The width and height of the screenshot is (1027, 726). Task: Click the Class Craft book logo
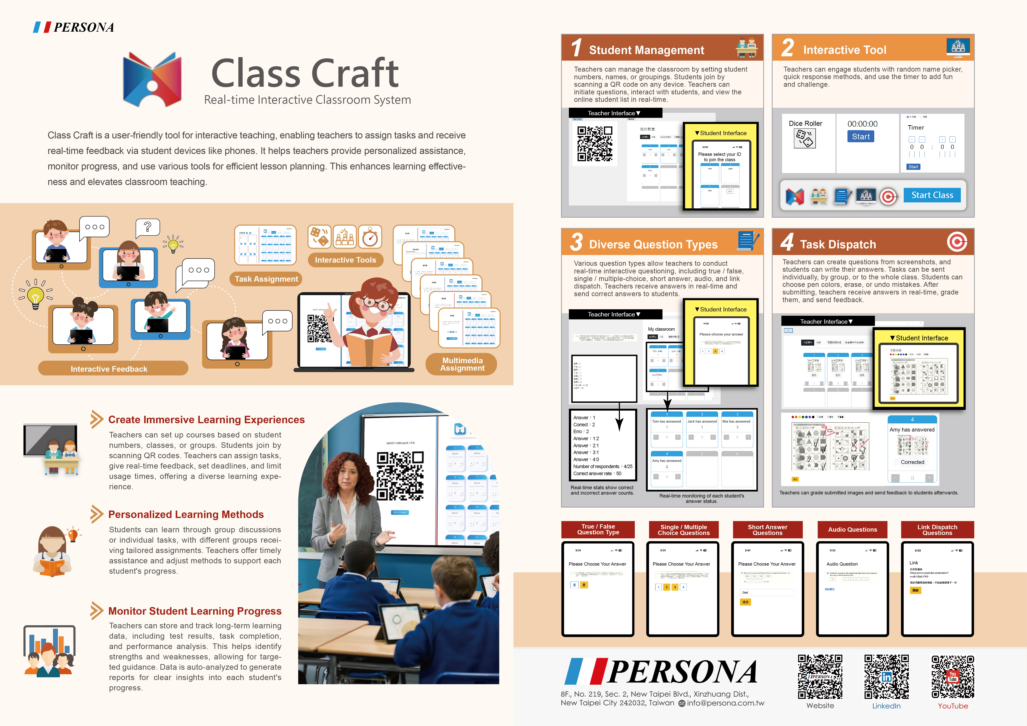click(x=152, y=79)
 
